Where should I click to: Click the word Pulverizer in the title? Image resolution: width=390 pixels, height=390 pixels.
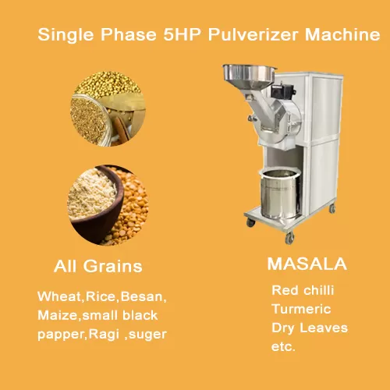[x=253, y=34]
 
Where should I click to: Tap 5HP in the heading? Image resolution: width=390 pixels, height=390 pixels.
[x=182, y=34]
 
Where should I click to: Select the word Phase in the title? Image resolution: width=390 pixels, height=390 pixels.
[x=129, y=34]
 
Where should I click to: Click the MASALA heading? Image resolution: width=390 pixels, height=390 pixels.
[x=307, y=264]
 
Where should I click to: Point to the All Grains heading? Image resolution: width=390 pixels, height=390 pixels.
[x=98, y=267]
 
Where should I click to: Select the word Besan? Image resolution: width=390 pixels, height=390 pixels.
[x=143, y=296]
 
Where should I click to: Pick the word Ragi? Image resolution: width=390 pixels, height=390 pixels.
[x=104, y=335]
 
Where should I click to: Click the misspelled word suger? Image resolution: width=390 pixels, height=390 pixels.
[x=147, y=335]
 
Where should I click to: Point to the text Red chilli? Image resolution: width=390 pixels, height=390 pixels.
[x=303, y=290]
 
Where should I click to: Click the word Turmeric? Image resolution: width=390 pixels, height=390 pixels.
[x=301, y=309]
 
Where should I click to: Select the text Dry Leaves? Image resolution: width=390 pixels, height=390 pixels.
[x=310, y=328]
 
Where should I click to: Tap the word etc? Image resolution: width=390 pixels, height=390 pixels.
[x=283, y=347]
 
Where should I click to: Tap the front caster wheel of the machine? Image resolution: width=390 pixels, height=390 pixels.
[x=289, y=238]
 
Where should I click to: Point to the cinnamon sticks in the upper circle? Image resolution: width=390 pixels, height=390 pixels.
[x=121, y=129]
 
